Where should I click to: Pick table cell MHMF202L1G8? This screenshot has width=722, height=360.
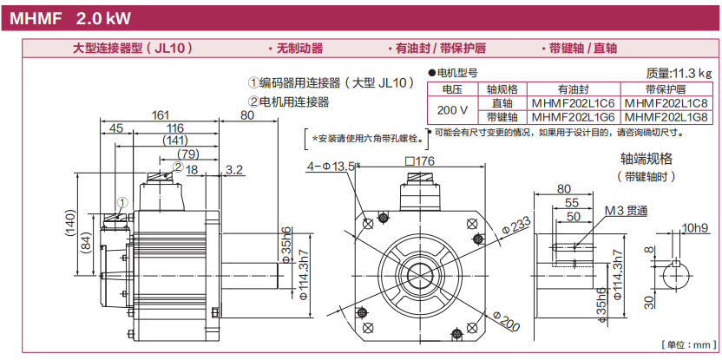point(666,116)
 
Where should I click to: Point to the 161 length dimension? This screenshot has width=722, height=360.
point(161,115)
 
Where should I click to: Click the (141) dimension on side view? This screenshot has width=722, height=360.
point(175,141)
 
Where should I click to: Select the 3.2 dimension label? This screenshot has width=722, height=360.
point(234,170)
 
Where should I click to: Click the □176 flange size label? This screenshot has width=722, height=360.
point(418,161)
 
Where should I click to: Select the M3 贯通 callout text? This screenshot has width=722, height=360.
point(627,210)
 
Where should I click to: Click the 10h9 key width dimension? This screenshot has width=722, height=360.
point(695,228)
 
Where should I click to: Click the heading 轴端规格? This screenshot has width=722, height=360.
point(647,159)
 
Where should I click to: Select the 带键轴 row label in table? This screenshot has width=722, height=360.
point(502,116)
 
